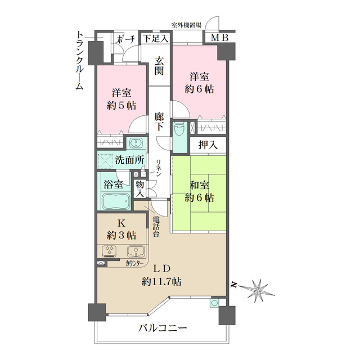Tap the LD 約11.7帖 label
[x=161, y=274]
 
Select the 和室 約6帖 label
[x=200, y=191]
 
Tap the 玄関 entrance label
[x=160, y=66]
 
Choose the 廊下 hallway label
[x=160, y=121]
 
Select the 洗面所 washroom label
[x=128, y=160]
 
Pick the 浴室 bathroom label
[x=114, y=184]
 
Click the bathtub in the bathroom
[x=114, y=201]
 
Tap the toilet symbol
[x=179, y=130]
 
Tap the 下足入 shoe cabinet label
[x=154, y=39]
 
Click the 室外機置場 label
[x=186, y=25]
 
